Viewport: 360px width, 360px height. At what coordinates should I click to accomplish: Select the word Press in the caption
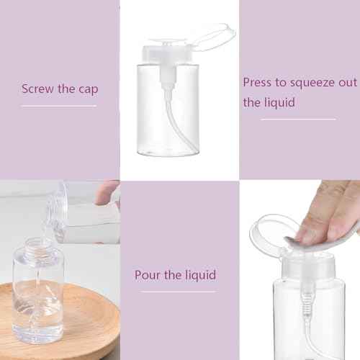coord(258,82)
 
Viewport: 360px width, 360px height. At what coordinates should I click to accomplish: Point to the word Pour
coord(147,275)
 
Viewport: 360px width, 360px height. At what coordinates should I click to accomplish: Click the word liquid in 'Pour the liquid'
coord(199,274)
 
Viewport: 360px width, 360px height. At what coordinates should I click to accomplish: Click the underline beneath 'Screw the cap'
coord(59,106)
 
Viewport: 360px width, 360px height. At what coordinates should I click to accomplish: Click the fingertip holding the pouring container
coord(108,191)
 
